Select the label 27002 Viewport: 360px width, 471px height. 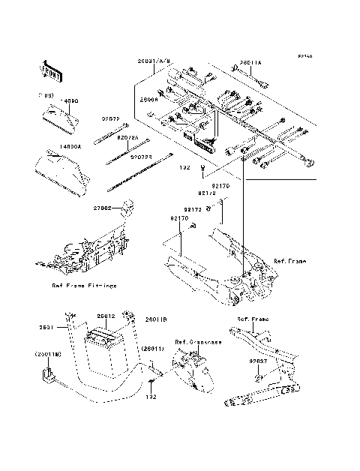click(x=103, y=208)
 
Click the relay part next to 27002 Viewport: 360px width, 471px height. click(x=126, y=203)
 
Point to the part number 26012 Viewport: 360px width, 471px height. click(x=105, y=316)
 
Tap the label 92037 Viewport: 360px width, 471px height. click(x=259, y=361)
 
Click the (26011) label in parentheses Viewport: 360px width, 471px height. click(x=154, y=349)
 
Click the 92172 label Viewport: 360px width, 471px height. click(x=193, y=210)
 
